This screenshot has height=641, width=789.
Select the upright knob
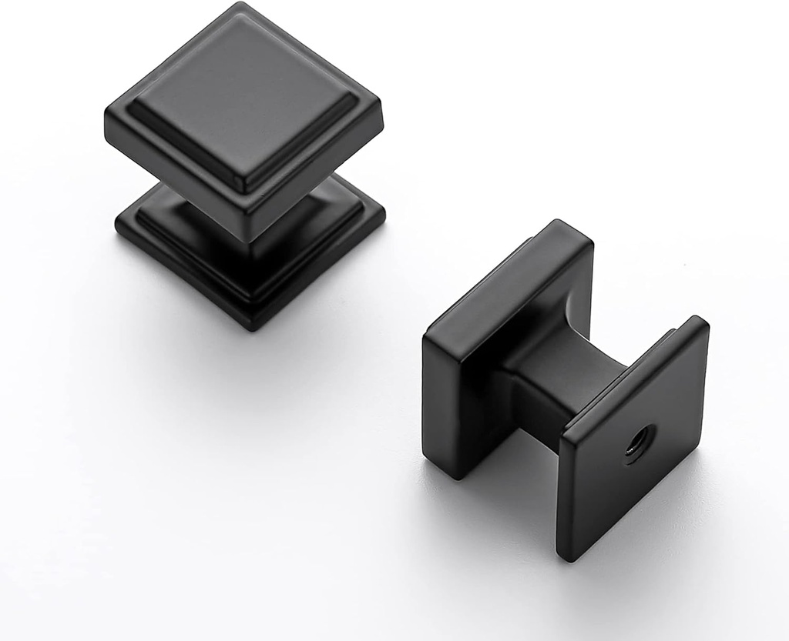pos(245,162)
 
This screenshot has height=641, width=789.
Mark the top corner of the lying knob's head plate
pos(570,223)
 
